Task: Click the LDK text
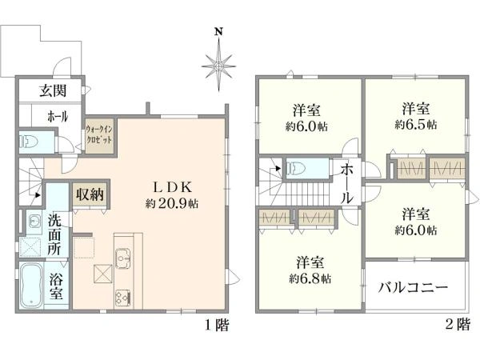click(172, 187)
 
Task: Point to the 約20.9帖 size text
click(172, 203)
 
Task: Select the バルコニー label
click(412, 288)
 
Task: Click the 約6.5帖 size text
click(416, 125)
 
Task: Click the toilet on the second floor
click(298, 169)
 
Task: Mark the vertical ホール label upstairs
click(348, 183)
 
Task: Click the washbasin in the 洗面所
click(34, 221)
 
